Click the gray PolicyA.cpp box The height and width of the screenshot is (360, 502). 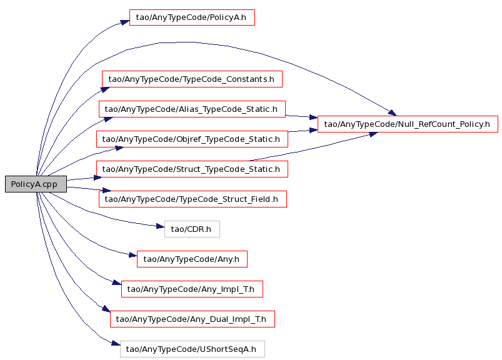pos(36,184)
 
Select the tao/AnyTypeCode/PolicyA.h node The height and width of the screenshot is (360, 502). pos(192,17)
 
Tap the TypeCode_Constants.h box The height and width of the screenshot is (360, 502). pos(192,79)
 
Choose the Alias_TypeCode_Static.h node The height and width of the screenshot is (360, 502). pos(192,109)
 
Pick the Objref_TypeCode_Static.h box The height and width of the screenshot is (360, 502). pos(192,139)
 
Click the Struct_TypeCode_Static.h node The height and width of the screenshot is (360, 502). pos(192,169)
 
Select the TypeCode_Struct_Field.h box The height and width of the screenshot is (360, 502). pos(193,199)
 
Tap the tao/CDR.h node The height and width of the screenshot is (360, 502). pos(192,229)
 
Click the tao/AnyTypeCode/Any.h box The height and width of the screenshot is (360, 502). pos(192,259)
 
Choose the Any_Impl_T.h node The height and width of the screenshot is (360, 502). pos(192,289)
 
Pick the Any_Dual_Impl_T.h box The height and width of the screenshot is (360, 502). pos(193,319)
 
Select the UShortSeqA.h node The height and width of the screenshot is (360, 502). pos(193,349)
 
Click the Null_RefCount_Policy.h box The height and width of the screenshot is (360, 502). pos(408,124)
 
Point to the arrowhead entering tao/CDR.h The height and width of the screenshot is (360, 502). pos(161,226)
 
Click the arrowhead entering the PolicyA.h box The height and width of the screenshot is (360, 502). pos(126,22)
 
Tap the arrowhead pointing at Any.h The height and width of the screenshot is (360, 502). pos(133,255)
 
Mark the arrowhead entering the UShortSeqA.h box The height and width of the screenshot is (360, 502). pos(116,343)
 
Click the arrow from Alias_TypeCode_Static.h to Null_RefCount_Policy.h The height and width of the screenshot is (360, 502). pos(301,116)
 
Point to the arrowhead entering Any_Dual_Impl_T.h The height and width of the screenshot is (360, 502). pos(106,309)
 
